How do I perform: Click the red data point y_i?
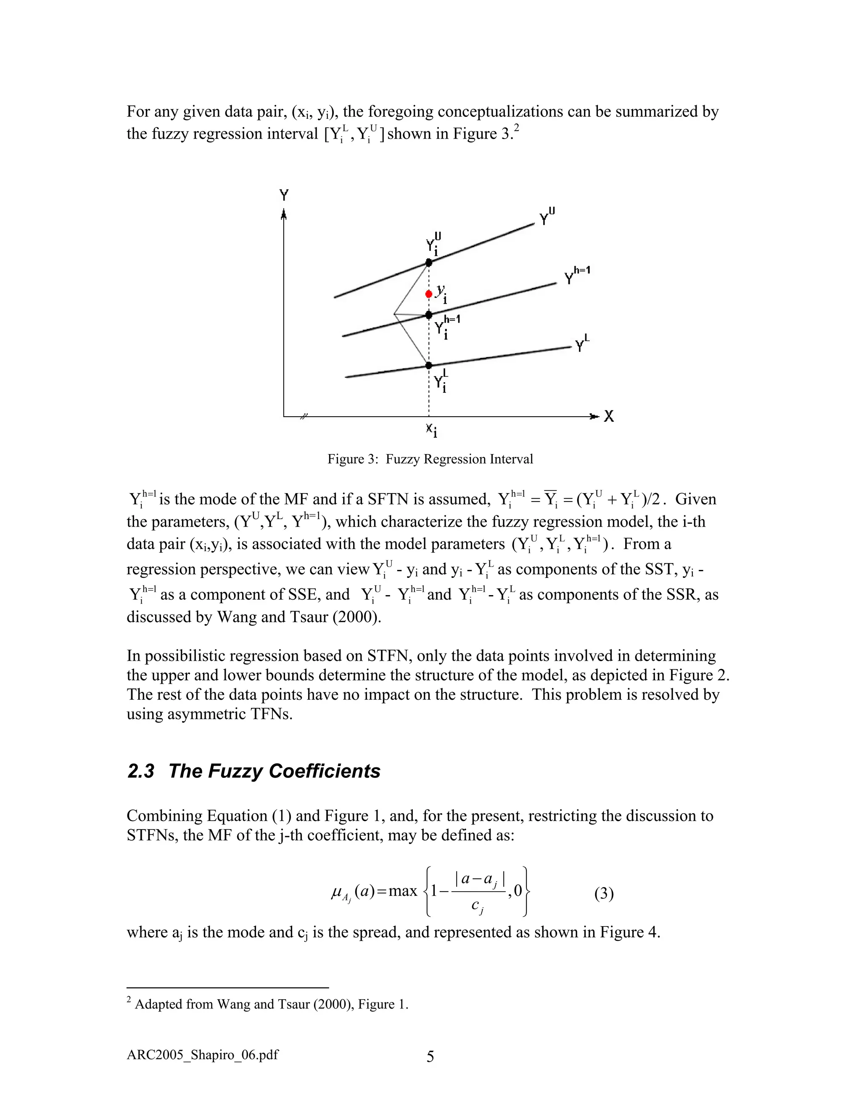[x=428, y=294]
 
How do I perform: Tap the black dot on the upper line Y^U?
[x=429, y=262]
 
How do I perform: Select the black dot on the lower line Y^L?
[x=429, y=365]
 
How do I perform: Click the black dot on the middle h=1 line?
[x=429, y=315]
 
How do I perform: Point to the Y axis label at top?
[x=284, y=195]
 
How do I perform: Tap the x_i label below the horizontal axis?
[x=431, y=430]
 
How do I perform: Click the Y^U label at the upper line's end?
[x=547, y=217]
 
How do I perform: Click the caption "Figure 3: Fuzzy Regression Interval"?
[x=430, y=459]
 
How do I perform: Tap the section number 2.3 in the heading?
[x=140, y=771]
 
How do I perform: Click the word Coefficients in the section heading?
[x=325, y=771]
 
